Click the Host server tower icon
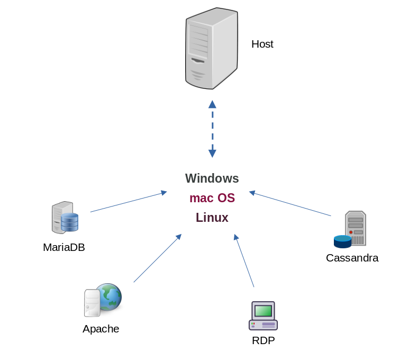click(x=212, y=49)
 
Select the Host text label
click(x=262, y=44)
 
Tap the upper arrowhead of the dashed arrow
click(x=212, y=104)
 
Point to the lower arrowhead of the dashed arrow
click(x=212, y=154)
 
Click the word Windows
click(x=212, y=178)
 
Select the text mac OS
click(x=212, y=198)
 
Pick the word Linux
click(x=212, y=218)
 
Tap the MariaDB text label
click(x=63, y=247)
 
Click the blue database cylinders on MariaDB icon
click(x=69, y=222)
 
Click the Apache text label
click(x=101, y=329)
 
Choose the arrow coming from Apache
click(x=157, y=258)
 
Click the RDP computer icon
click(x=263, y=316)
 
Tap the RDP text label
click(x=263, y=340)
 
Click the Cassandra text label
click(x=352, y=258)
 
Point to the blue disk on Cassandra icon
click(x=342, y=241)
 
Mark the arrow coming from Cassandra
click(x=290, y=203)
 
